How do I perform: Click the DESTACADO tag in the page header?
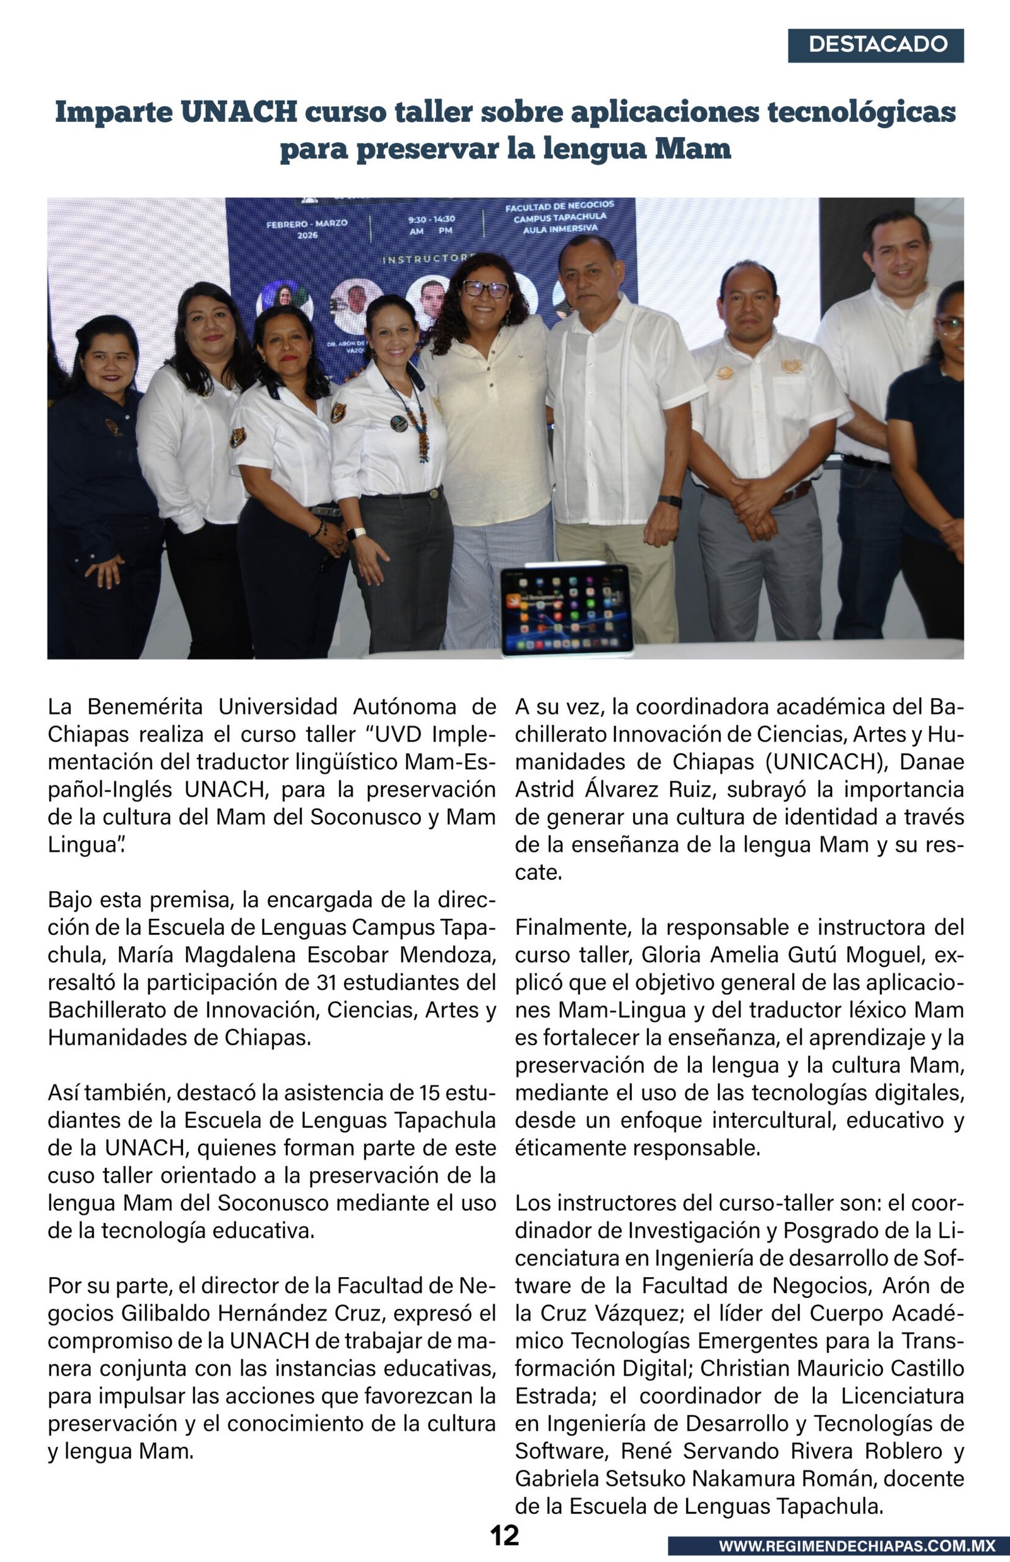[876, 45]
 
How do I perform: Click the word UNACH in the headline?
[239, 112]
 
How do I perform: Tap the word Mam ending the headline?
[693, 150]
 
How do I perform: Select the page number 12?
[504, 1534]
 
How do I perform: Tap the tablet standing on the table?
[567, 609]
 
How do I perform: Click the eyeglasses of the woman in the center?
[485, 288]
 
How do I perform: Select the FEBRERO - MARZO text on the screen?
[306, 224]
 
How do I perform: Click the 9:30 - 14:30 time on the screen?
[431, 220]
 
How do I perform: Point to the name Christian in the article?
[744, 1369]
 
